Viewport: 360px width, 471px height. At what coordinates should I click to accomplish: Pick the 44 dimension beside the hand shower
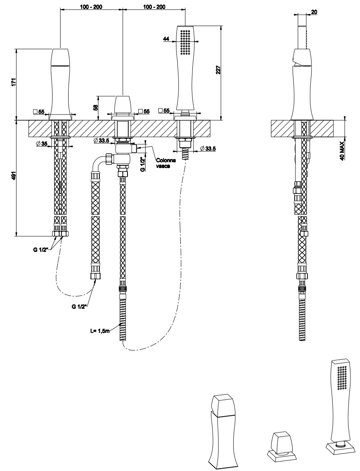coord(166,39)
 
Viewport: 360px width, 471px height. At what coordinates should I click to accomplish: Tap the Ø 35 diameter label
coord(42,143)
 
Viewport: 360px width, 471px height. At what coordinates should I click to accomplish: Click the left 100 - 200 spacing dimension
coord(91,7)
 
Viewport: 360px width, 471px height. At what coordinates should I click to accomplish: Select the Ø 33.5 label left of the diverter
coord(102,140)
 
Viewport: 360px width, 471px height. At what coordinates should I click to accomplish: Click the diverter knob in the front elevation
coord(123,105)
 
